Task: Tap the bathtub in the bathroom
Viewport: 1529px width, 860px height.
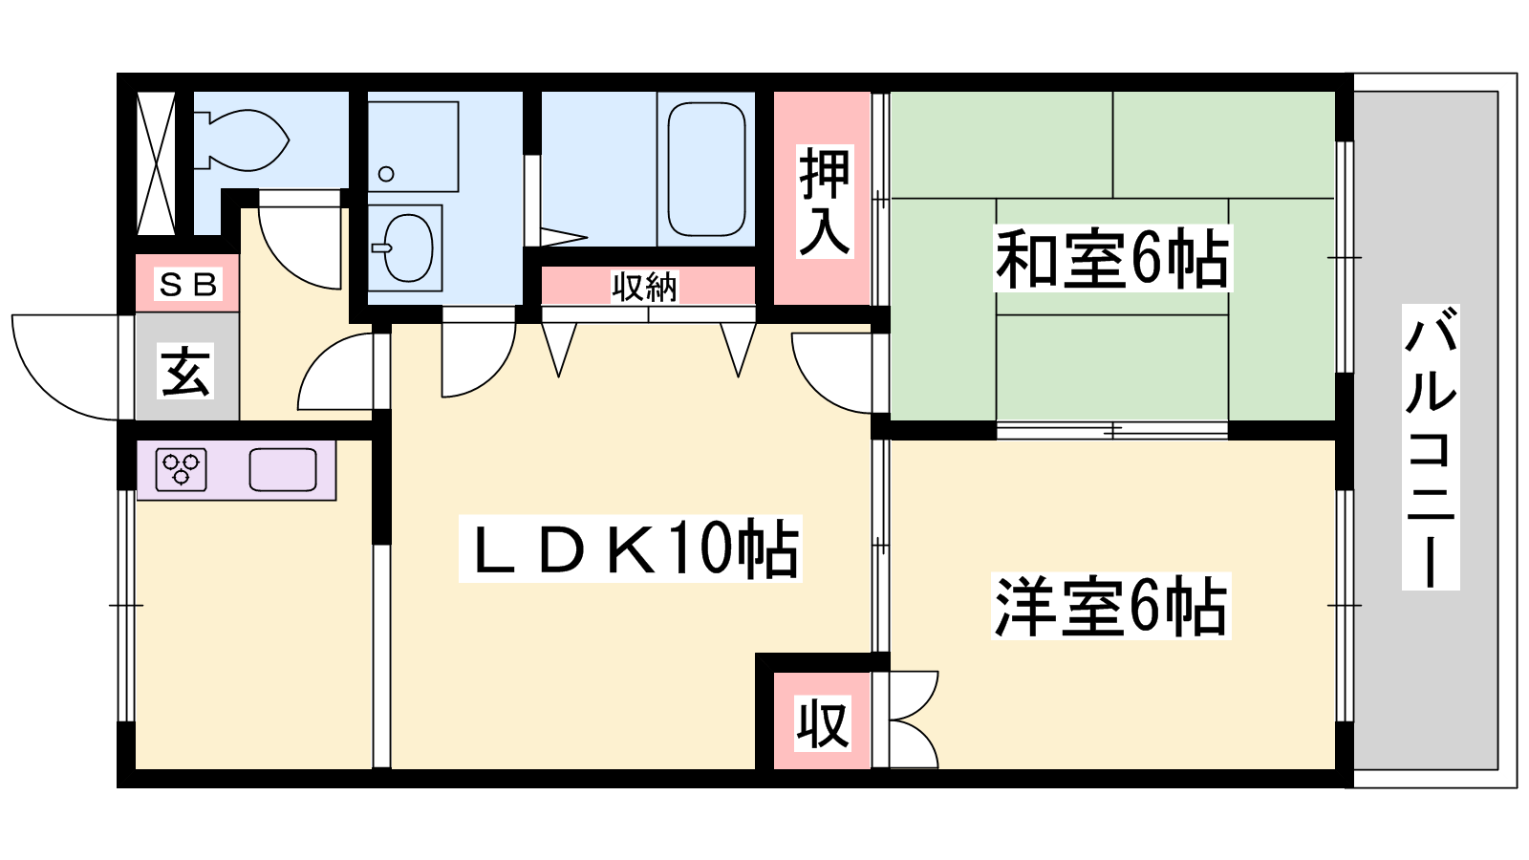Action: pyautogui.click(x=706, y=169)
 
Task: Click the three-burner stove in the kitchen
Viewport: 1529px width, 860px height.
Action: pyautogui.click(x=181, y=469)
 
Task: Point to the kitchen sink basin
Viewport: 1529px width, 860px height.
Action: pyautogui.click(x=283, y=469)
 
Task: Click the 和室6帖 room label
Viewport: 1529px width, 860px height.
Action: pyautogui.click(x=1112, y=259)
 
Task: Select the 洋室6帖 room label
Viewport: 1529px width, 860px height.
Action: pyautogui.click(x=1110, y=606)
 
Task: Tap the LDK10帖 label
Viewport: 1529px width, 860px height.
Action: pyautogui.click(x=631, y=548)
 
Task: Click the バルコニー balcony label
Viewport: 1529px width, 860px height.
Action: pyautogui.click(x=1430, y=447)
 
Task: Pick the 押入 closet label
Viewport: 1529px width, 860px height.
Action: pyautogui.click(x=825, y=202)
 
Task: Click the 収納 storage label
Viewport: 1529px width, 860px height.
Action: pyautogui.click(x=644, y=287)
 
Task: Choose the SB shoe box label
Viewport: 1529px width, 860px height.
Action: pyautogui.click(x=187, y=284)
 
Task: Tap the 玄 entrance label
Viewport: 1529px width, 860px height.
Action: pyautogui.click(x=185, y=371)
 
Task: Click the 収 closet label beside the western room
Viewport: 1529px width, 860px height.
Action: pyautogui.click(x=823, y=723)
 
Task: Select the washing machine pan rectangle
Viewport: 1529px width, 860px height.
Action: pyautogui.click(x=413, y=147)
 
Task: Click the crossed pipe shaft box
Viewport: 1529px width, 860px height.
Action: pyautogui.click(x=157, y=162)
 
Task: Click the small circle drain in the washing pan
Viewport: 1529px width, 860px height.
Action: pyautogui.click(x=386, y=174)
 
